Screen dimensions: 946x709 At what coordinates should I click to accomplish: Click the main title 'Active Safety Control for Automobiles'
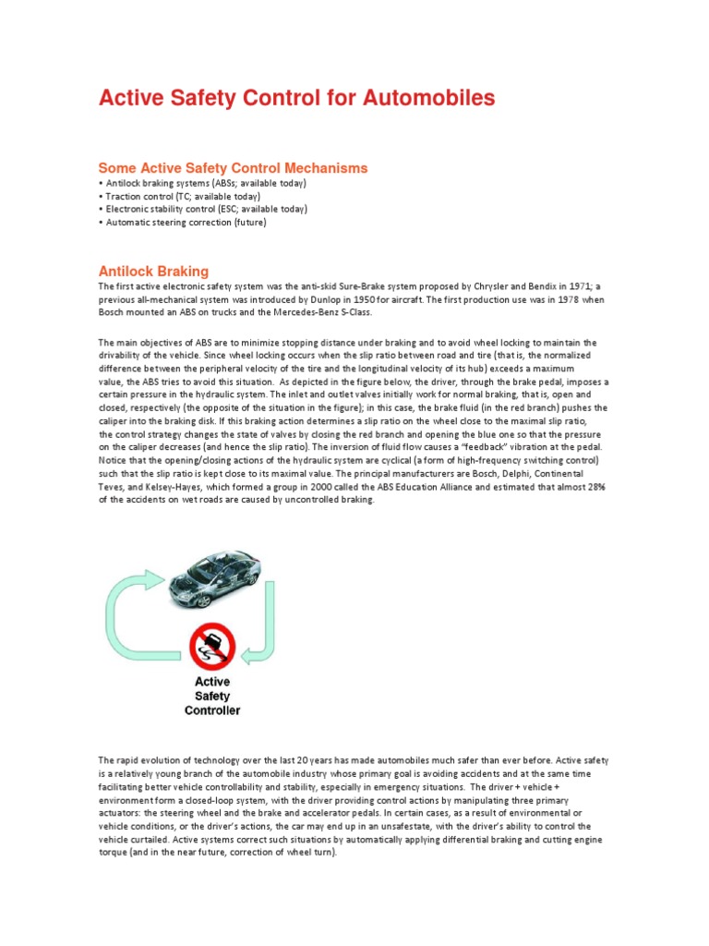tap(296, 99)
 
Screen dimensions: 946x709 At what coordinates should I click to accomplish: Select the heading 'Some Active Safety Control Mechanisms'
tap(233, 168)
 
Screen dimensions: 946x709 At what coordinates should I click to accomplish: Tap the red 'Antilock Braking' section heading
tap(153, 271)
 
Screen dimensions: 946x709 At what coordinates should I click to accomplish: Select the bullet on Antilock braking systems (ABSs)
tap(201, 184)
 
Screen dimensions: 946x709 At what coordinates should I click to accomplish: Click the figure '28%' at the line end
tap(595, 486)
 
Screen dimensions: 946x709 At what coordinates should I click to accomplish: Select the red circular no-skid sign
tap(212, 646)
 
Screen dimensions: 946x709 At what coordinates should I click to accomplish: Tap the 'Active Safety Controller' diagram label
tap(212, 696)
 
